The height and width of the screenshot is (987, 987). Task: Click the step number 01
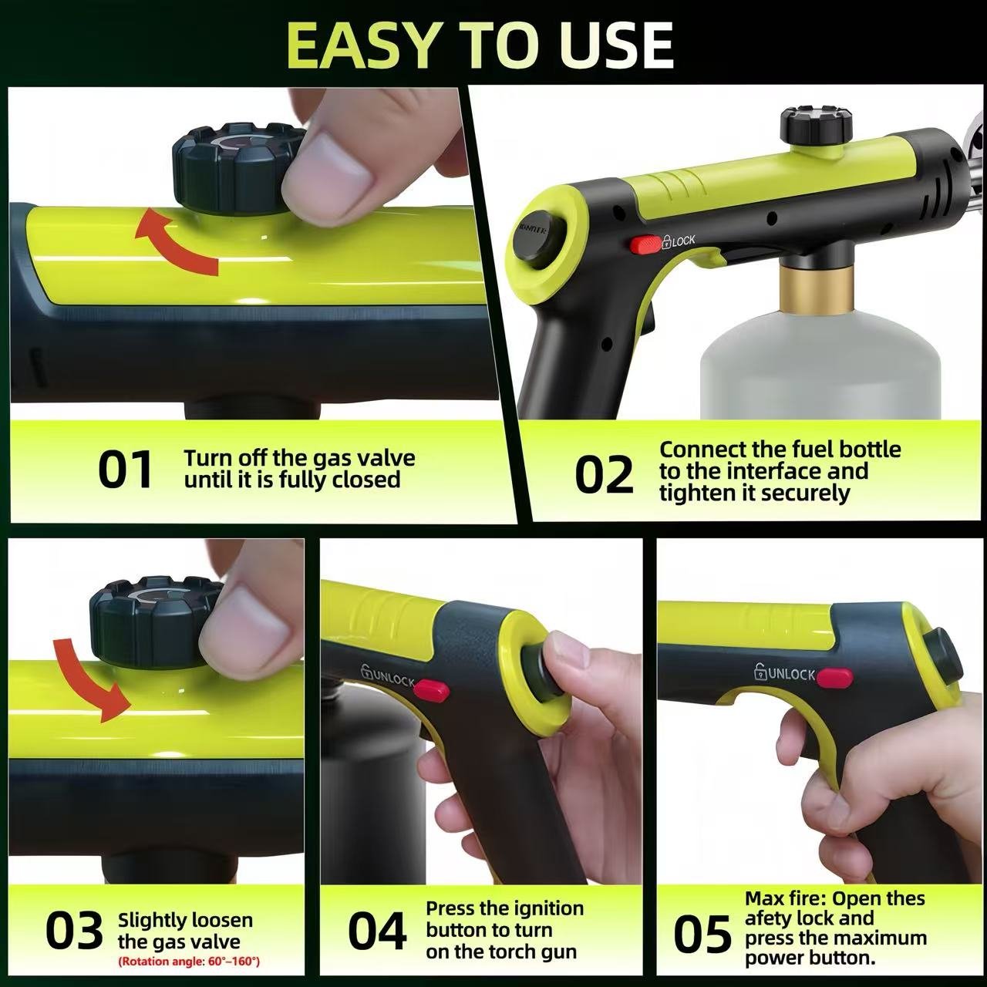[x=126, y=470]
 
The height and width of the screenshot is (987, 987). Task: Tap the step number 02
[x=604, y=475]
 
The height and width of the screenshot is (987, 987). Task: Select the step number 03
[x=74, y=931]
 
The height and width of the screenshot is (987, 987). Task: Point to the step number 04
[x=376, y=931]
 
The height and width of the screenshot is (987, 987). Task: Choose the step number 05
[x=702, y=934]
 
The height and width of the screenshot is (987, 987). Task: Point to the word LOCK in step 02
[x=682, y=241]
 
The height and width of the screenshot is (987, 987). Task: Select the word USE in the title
[x=617, y=45]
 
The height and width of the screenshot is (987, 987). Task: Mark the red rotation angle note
[x=189, y=962]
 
